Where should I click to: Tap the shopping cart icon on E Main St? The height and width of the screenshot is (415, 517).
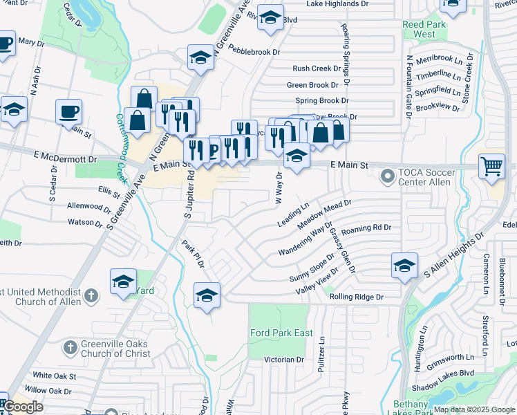pos(491,166)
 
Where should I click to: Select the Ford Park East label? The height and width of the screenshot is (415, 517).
pos(281,333)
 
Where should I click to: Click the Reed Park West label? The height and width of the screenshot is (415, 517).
pos(419,29)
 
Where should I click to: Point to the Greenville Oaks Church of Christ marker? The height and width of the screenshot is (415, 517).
pos(70,347)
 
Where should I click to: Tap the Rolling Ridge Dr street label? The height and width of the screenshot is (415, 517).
pos(356,297)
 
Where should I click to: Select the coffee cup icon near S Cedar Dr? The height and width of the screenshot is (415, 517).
pos(69,111)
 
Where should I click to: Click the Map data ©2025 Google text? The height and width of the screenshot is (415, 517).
pos(474,409)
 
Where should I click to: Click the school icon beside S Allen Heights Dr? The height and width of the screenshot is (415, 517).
pos(404,266)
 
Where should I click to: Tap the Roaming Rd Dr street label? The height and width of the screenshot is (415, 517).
pos(366,227)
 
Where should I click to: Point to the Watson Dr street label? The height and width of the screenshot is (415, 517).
pos(85,223)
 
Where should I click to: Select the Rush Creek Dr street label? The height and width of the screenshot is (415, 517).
pos(316,68)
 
